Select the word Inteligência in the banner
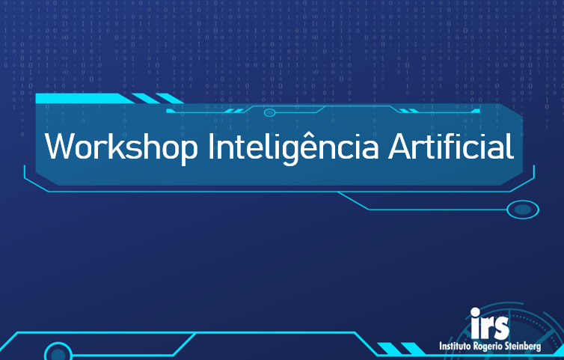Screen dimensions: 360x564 pos(292,146)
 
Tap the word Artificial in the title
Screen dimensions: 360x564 pos(450,146)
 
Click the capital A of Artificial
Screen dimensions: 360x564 pos(401,146)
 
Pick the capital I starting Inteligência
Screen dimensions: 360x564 pos(212,146)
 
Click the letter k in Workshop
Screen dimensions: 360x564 pos(113,146)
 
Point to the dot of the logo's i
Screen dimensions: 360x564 pos(476,312)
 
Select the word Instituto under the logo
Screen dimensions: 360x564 pos(456,347)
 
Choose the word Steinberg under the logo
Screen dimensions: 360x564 pos(533,347)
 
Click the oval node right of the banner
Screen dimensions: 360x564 pos(522,210)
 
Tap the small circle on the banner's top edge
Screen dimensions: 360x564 pos(269,112)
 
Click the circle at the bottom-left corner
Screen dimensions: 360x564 pos(58,353)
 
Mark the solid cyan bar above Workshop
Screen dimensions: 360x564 pos(79,98)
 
